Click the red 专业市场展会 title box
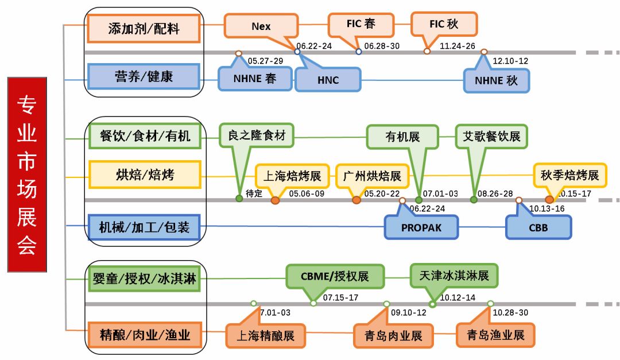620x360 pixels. (x=26, y=175)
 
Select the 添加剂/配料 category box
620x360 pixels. (x=144, y=28)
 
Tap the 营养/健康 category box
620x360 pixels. (x=144, y=76)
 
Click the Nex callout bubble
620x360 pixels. (x=261, y=26)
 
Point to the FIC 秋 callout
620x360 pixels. (x=444, y=24)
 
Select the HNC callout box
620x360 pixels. (x=328, y=80)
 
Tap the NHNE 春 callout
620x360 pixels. (x=255, y=79)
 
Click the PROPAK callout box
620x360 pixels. (x=421, y=227)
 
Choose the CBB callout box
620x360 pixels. (x=538, y=227)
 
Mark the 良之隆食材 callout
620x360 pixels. (x=257, y=136)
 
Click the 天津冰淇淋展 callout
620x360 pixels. (x=454, y=276)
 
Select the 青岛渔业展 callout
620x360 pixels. (x=495, y=335)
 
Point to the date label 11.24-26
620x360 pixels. (x=457, y=46)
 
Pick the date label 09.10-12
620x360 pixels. (x=408, y=312)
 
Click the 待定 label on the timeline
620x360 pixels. (x=254, y=193)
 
